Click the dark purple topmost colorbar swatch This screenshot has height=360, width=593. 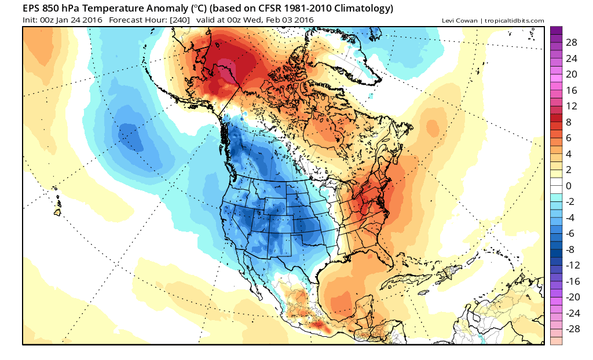[557, 31]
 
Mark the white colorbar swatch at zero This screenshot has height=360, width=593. [557, 186]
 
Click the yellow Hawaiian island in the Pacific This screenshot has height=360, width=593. [58, 212]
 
